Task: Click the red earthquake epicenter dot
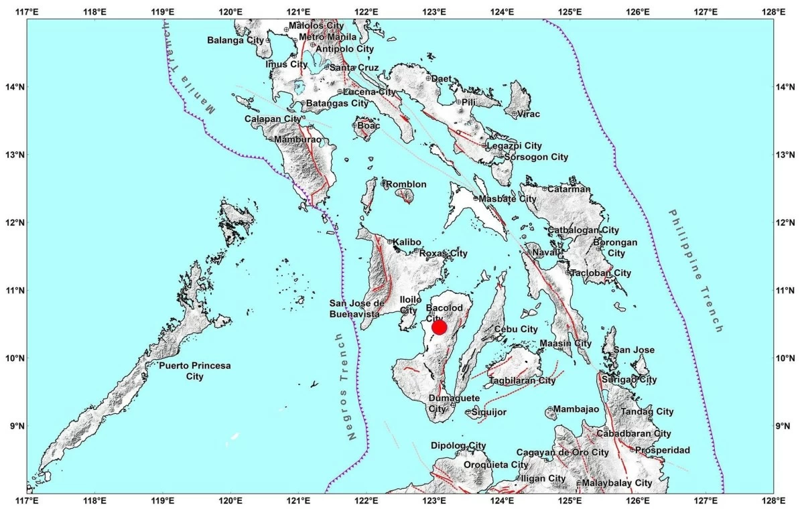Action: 440,327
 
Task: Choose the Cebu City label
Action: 516,329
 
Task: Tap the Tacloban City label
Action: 601,273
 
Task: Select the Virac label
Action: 528,114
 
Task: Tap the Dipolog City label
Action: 458,445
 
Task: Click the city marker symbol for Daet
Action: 428,78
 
